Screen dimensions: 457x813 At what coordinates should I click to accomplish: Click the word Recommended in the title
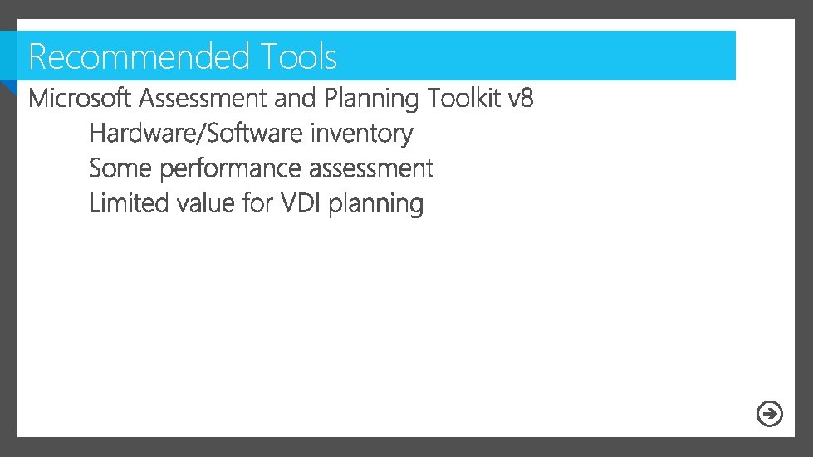[139, 57]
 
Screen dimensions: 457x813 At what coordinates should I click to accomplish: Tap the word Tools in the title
[298, 57]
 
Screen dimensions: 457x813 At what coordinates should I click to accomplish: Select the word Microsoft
[80, 99]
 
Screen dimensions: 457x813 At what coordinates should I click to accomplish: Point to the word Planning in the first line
[371, 100]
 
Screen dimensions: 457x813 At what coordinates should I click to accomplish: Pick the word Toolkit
[463, 99]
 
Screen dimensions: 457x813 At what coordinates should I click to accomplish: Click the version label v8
[520, 99]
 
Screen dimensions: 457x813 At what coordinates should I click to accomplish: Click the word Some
[121, 168]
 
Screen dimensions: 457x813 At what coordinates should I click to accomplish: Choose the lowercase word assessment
[371, 168]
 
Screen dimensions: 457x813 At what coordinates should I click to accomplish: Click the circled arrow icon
[770, 413]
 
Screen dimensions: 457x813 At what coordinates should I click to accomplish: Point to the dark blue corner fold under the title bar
[7, 86]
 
